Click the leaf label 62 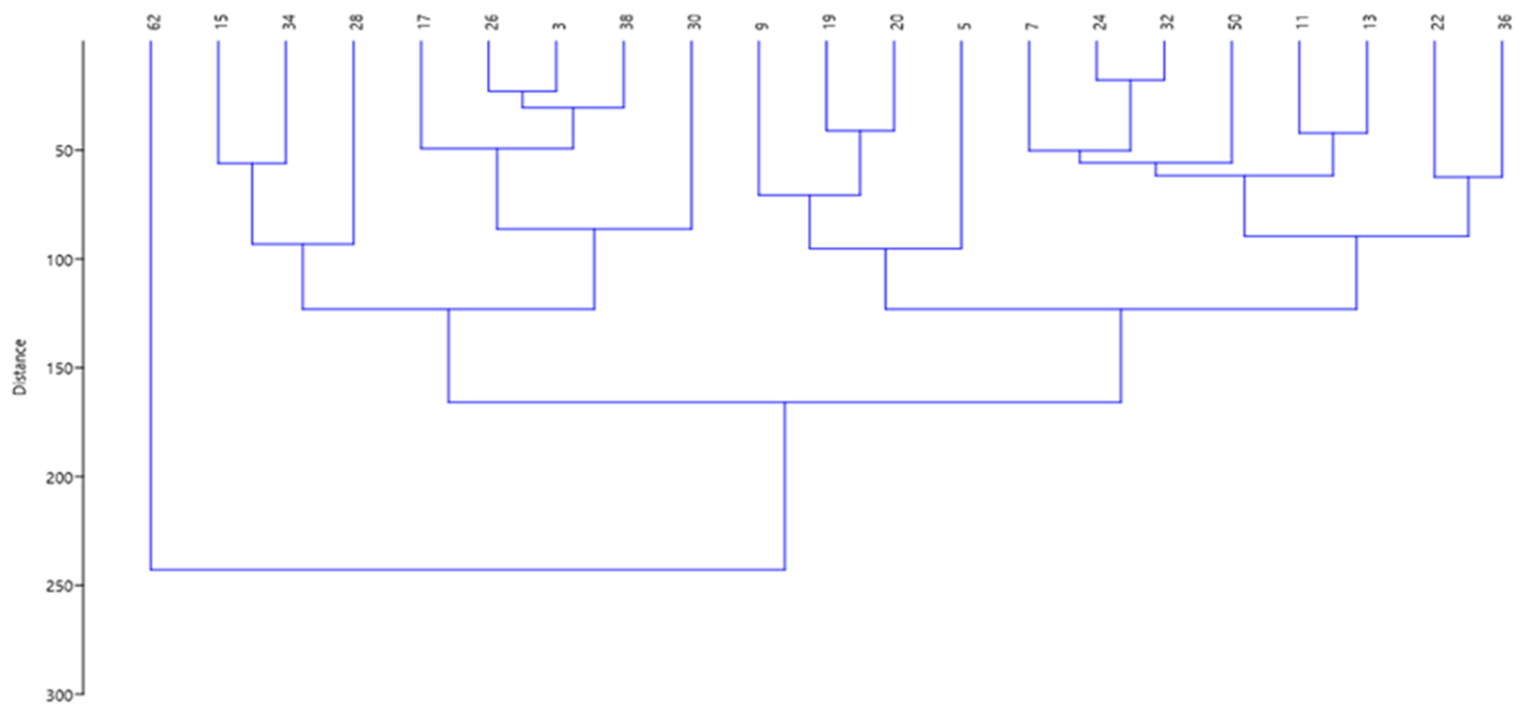(154, 23)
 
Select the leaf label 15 (222, 23)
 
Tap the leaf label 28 (357, 23)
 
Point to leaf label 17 (424, 23)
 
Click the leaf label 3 (560, 25)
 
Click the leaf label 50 (1236, 23)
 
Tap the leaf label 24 (1100, 23)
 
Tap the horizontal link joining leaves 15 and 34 (252, 163)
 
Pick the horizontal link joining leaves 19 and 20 (860, 130)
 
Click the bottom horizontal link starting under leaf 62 (467, 570)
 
